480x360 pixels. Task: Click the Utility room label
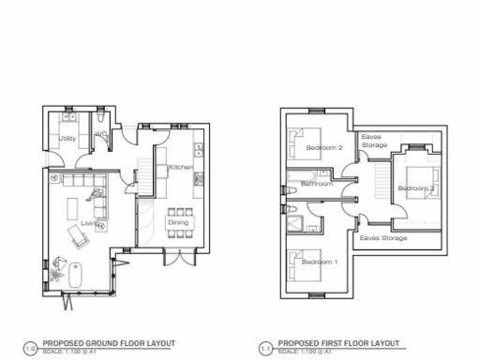[x=67, y=140]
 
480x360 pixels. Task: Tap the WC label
[x=100, y=134]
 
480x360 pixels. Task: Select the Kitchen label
[x=181, y=167]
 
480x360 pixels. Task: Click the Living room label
[x=90, y=223]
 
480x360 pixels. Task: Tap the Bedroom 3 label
[x=415, y=188]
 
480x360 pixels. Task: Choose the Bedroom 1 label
[x=320, y=262]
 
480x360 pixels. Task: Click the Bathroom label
[x=317, y=184]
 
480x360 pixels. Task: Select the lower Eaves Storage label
[x=382, y=238]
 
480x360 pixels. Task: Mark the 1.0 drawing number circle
[x=30, y=347]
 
